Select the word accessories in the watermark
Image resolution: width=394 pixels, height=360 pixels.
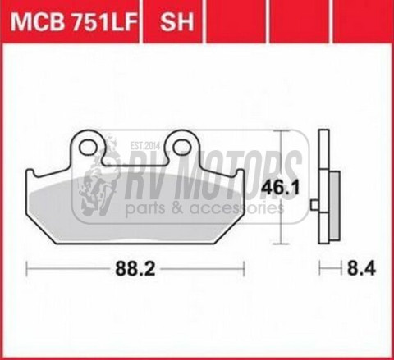pos(238,208)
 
